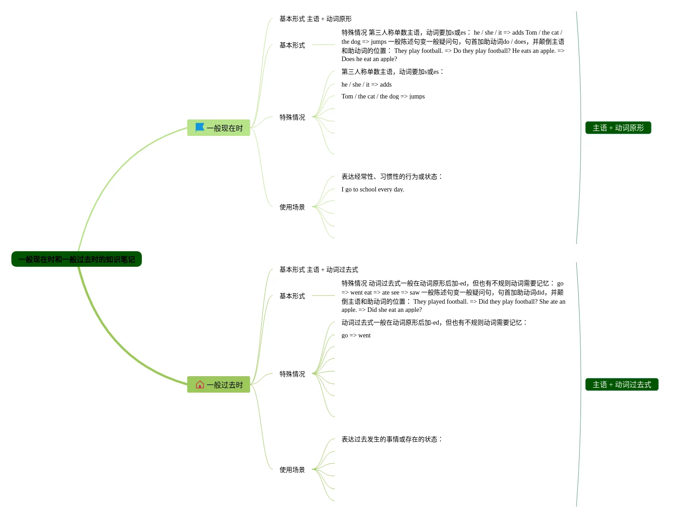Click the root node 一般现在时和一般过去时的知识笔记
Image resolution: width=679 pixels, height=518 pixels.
(76, 259)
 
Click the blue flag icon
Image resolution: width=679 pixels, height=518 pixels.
(200, 127)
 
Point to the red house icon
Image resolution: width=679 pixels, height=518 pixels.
(200, 384)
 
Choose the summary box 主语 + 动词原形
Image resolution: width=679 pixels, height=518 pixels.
(618, 128)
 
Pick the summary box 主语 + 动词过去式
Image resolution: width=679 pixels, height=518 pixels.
(622, 384)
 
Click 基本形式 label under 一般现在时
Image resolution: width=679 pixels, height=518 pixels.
(292, 45)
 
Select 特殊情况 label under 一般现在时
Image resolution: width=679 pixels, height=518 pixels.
(292, 117)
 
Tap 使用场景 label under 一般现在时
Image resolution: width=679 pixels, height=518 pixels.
(292, 207)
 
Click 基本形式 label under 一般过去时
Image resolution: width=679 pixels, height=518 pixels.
(292, 296)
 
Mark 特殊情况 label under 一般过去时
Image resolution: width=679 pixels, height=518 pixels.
(292, 374)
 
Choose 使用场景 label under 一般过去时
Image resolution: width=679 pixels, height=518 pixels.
(292, 470)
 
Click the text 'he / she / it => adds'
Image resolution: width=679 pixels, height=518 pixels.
(366, 84)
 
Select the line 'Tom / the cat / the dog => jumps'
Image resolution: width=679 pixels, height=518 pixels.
(383, 96)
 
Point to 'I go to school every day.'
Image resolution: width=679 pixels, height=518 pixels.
(373, 189)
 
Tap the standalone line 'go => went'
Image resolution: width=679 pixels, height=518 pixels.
(356, 335)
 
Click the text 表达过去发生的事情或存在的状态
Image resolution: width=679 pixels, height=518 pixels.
(391, 439)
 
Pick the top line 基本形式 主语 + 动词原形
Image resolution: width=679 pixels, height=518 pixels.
(316, 19)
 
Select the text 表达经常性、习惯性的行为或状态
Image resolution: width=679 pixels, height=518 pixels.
(391, 176)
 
